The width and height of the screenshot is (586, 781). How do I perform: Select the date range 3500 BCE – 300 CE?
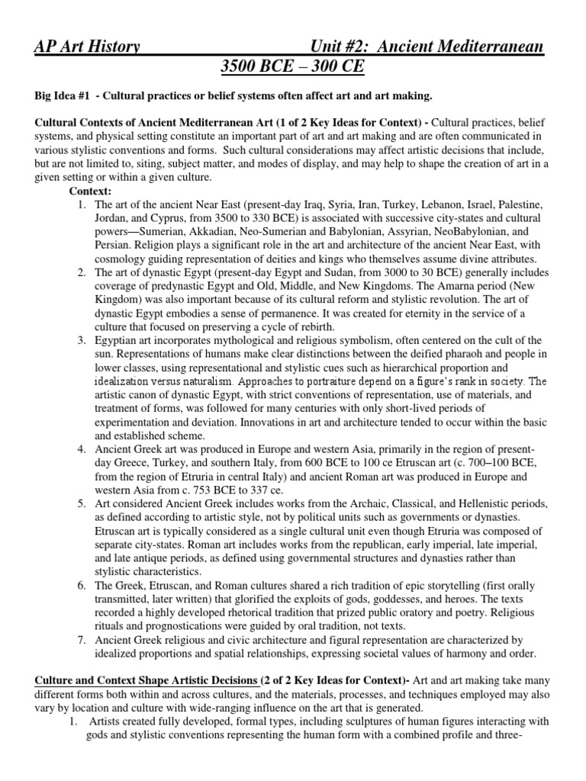click(x=293, y=69)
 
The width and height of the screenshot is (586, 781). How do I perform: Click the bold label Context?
click(x=90, y=190)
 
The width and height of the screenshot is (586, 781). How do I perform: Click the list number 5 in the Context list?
click(x=82, y=504)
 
